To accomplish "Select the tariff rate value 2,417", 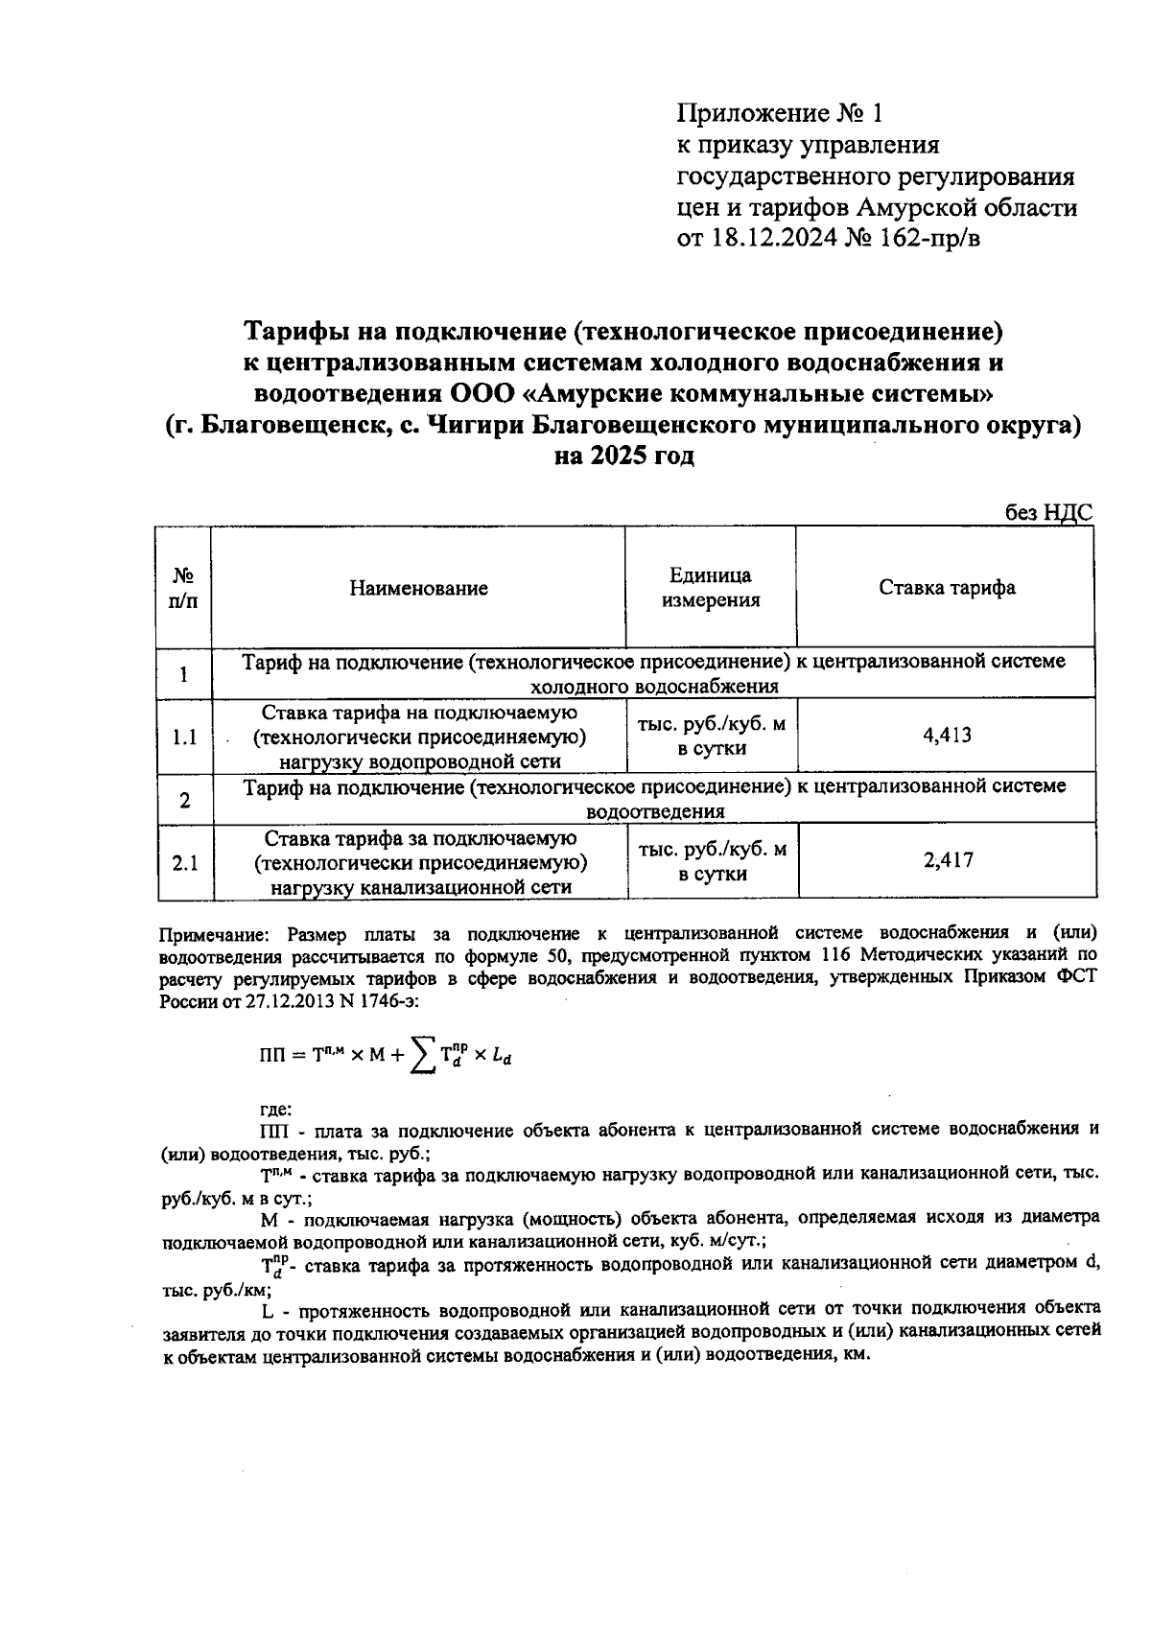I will pyautogui.click(x=948, y=860).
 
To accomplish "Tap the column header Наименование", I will pyautogui.click(x=417, y=588).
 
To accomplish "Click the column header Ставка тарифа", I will pyautogui.click(x=947, y=587).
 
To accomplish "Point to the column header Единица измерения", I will pyautogui.click(x=710, y=588).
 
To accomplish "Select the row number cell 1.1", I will pyautogui.click(x=184, y=737).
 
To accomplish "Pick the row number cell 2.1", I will pyautogui.click(x=184, y=862).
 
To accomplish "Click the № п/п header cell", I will pyautogui.click(x=184, y=588).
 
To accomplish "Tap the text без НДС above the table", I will pyautogui.click(x=1047, y=513).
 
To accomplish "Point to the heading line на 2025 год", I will pyautogui.click(x=624, y=456).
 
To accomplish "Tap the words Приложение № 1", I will pyautogui.click(x=778, y=114).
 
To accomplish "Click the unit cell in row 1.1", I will pyautogui.click(x=711, y=737).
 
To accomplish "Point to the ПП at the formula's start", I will pyautogui.click(x=272, y=1056).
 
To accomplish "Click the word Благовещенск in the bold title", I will pyautogui.click(x=293, y=425).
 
